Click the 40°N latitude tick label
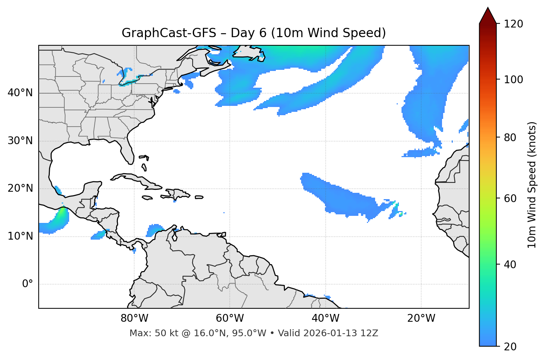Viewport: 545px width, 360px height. (x=20, y=93)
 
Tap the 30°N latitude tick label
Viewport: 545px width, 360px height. (x=20, y=141)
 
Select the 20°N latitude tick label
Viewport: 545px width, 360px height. (x=20, y=188)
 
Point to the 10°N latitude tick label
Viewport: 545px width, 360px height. (x=20, y=236)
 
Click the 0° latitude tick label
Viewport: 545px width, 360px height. (x=27, y=284)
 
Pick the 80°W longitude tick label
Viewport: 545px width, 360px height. (x=134, y=318)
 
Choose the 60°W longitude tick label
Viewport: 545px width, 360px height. (x=230, y=318)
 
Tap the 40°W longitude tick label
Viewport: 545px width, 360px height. (x=326, y=318)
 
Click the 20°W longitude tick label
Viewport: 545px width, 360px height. (x=421, y=318)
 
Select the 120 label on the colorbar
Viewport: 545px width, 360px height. (x=513, y=24)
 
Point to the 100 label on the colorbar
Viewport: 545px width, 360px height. (x=513, y=80)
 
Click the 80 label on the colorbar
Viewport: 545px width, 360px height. (x=510, y=137)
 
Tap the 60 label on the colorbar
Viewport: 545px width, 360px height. (x=510, y=198)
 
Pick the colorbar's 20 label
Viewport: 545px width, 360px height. (x=510, y=347)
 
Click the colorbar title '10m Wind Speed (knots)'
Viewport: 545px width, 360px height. (x=532, y=185)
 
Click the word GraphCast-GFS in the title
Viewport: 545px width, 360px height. (x=169, y=33)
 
